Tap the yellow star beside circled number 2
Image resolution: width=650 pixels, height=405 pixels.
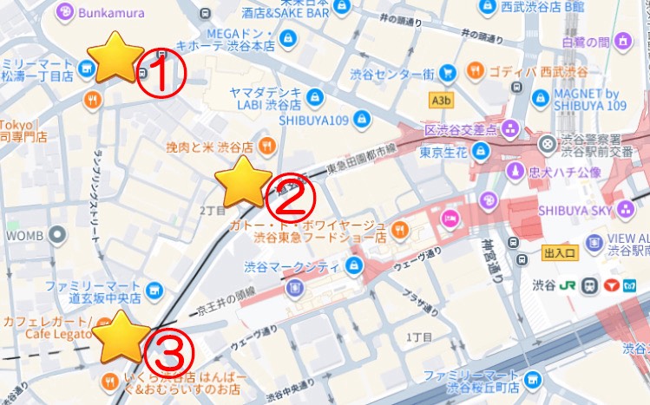click(x=242, y=182)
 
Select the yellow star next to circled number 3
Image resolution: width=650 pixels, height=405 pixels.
click(x=121, y=337)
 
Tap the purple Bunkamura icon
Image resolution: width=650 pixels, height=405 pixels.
click(x=64, y=12)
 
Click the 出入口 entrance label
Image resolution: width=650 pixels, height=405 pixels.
click(x=560, y=253)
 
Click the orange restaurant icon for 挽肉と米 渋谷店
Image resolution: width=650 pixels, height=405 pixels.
click(x=268, y=147)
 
